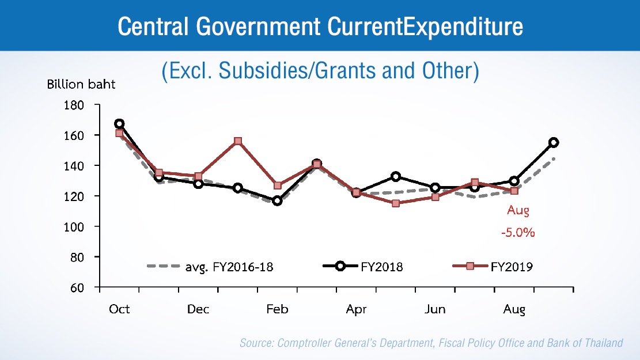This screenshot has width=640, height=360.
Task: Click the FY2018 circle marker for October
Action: click(x=119, y=124)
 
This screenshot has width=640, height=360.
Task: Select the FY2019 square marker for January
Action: click(x=237, y=141)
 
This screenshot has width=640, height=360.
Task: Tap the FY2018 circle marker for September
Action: click(x=554, y=142)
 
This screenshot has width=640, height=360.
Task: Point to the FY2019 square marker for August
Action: click(x=514, y=191)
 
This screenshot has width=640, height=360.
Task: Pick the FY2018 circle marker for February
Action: click(x=277, y=200)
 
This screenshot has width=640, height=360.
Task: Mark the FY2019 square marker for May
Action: click(x=396, y=203)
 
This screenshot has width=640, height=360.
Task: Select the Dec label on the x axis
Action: click(x=198, y=309)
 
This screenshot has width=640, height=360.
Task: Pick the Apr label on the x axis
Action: click(x=356, y=309)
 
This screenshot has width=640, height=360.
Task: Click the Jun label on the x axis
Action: click(x=435, y=309)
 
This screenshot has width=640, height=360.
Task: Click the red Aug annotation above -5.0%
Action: click(x=518, y=211)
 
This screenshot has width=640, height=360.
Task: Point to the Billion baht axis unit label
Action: click(x=81, y=84)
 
